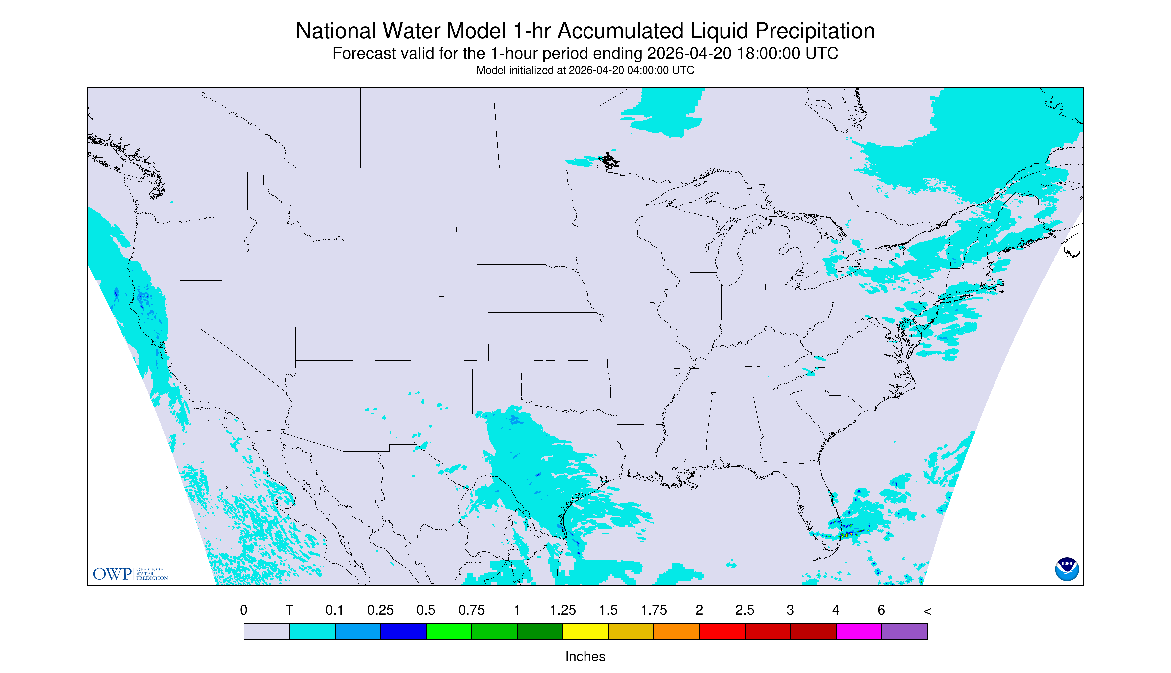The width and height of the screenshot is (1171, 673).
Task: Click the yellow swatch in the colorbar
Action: pyautogui.click(x=585, y=631)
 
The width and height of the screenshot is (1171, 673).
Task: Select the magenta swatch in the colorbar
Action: pyautogui.click(x=859, y=631)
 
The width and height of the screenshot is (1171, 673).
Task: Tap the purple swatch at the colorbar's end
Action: pyautogui.click(x=904, y=631)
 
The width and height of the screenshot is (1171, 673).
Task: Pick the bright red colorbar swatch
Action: pyautogui.click(x=722, y=631)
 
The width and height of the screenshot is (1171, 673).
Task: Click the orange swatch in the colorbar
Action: pyautogui.click(x=676, y=631)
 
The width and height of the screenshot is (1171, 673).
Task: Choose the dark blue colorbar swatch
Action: pyautogui.click(x=403, y=631)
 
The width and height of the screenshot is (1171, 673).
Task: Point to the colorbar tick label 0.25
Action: pyautogui.click(x=380, y=610)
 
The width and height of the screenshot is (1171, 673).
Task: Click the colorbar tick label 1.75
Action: pyautogui.click(x=654, y=610)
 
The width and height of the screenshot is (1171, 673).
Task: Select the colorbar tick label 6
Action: pyautogui.click(x=881, y=610)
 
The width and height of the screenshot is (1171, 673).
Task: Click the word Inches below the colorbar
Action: pyautogui.click(x=585, y=656)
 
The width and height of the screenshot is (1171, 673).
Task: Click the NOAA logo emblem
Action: pyautogui.click(x=1067, y=569)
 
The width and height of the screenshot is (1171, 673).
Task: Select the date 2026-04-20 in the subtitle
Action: pyautogui.click(x=689, y=54)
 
